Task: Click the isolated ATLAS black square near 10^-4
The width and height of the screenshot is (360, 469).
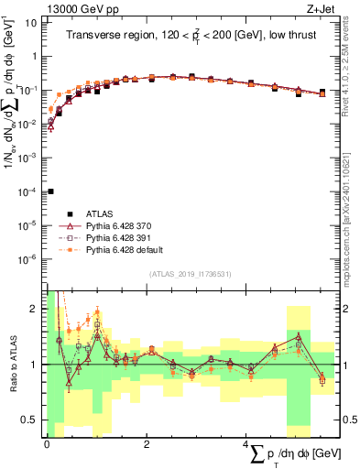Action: (50, 191)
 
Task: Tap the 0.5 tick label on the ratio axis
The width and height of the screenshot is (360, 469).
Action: (30, 420)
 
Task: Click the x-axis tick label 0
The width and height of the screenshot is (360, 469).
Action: (47, 443)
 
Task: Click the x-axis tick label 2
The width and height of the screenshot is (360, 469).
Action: (147, 443)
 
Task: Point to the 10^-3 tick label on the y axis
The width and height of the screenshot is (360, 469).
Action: (29, 158)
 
